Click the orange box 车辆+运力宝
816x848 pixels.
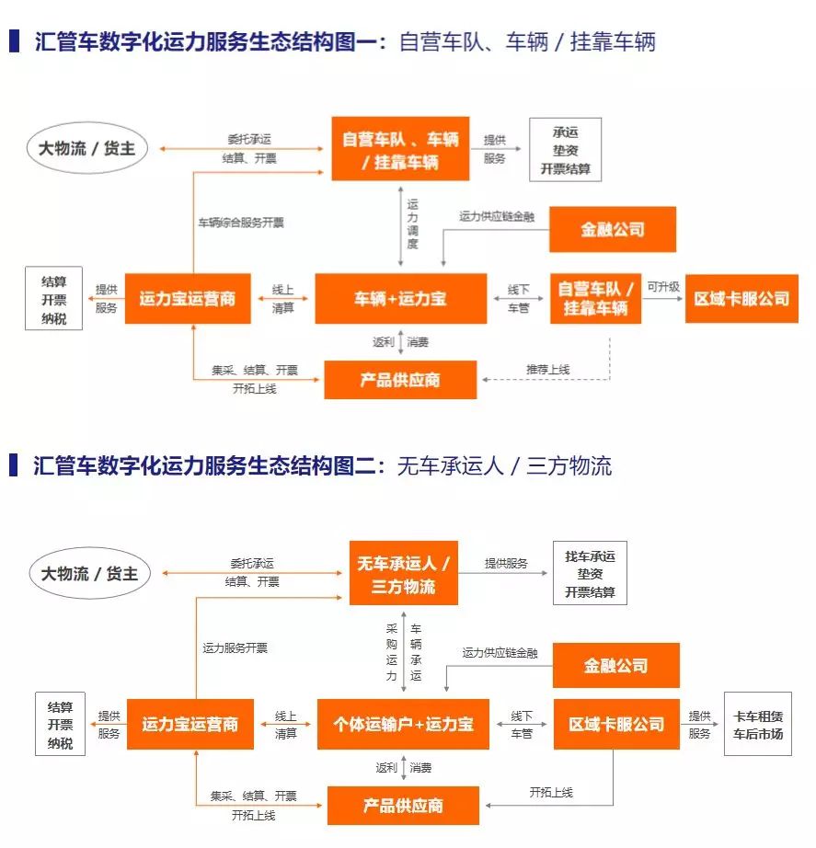tap(401, 298)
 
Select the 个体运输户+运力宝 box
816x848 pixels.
tap(404, 724)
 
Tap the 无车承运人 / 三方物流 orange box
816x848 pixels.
tap(404, 574)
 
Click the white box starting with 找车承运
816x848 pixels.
tap(590, 574)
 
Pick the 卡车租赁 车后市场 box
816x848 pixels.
tap(757, 725)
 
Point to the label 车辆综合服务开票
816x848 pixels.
tap(241, 223)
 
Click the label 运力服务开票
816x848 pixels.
tap(236, 647)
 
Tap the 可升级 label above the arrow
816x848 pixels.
tap(662, 286)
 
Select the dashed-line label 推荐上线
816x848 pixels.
tap(547, 369)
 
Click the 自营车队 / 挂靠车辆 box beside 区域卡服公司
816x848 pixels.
tap(595, 298)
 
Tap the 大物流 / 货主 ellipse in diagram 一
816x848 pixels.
tap(86, 148)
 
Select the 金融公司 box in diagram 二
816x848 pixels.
tap(615, 665)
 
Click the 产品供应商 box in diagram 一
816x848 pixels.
tap(400, 379)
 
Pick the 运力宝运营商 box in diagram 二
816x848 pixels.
tap(190, 724)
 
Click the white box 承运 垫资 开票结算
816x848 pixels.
tap(565, 150)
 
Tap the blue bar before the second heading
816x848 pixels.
tap(13, 465)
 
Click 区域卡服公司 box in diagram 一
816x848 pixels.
tap(741, 298)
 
